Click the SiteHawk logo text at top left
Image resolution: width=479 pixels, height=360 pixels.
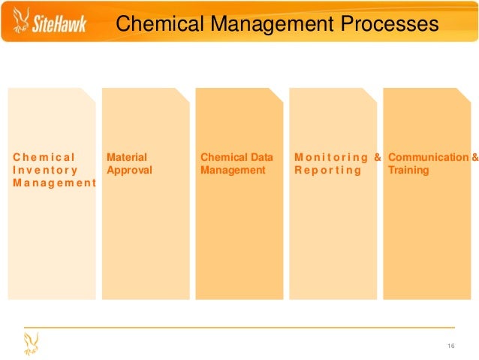[59, 26]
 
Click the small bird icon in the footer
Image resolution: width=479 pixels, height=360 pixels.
[31, 344]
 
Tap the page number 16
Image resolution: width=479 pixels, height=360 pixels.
[451, 346]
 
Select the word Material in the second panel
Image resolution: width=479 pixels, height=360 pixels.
[127, 158]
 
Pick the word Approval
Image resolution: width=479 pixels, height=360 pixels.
[129, 171]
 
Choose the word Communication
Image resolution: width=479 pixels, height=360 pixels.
[427, 158]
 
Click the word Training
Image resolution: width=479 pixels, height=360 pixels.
[408, 171]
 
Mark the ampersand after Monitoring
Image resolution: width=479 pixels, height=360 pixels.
[378, 158]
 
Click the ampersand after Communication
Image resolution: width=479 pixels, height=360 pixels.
[474, 158]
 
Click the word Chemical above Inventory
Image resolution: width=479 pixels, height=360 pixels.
[44, 158]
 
